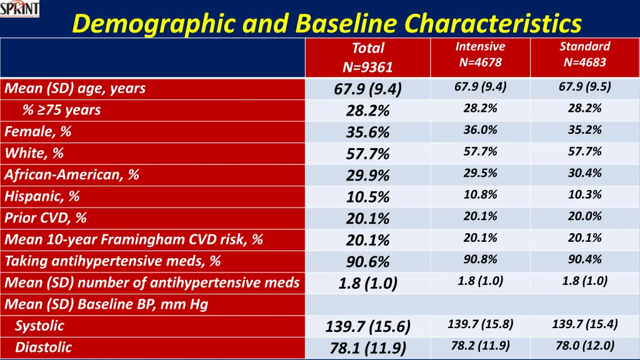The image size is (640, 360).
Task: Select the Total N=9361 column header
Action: pyautogui.click(x=367, y=57)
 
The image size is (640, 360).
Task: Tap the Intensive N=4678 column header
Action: pyautogui.click(x=480, y=54)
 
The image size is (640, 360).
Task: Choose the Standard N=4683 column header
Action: pyautogui.click(x=584, y=54)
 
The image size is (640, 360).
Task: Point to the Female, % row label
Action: pyautogui.click(x=38, y=132)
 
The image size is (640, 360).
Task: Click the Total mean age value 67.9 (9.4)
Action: pyautogui.click(x=367, y=89)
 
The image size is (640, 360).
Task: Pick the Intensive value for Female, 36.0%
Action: pyautogui.click(x=480, y=130)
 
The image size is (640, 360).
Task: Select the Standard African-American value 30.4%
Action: pyautogui.click(x=584, y=173)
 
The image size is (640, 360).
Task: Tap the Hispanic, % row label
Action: pyautogui.click(x=42, y=196)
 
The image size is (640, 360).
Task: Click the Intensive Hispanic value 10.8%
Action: pyautogui.click(x=480, y=195)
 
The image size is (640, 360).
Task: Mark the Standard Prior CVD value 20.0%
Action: pyautogui.click(x=584, y=216)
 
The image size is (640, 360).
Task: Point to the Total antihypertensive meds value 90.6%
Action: pyautogui.click(x=367, y=262)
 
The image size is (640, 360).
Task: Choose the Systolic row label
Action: pyautogui.click(x=39, y=326)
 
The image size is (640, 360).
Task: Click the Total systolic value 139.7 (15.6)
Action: pyautogui.click(x=367, y=327)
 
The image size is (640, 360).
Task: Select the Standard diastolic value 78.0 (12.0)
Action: pyautogui.click(x=584, y=346)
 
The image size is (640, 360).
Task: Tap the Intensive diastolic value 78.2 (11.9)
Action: pyautogui.click(x=480, y=346)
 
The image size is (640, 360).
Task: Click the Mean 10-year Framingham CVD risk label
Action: pyautogui.click(x=134, y=239)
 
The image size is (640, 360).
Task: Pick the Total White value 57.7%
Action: pyautogui.click(x=367, y=154)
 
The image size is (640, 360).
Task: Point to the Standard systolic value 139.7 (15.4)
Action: pyautogui.click(x=584, y=324)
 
